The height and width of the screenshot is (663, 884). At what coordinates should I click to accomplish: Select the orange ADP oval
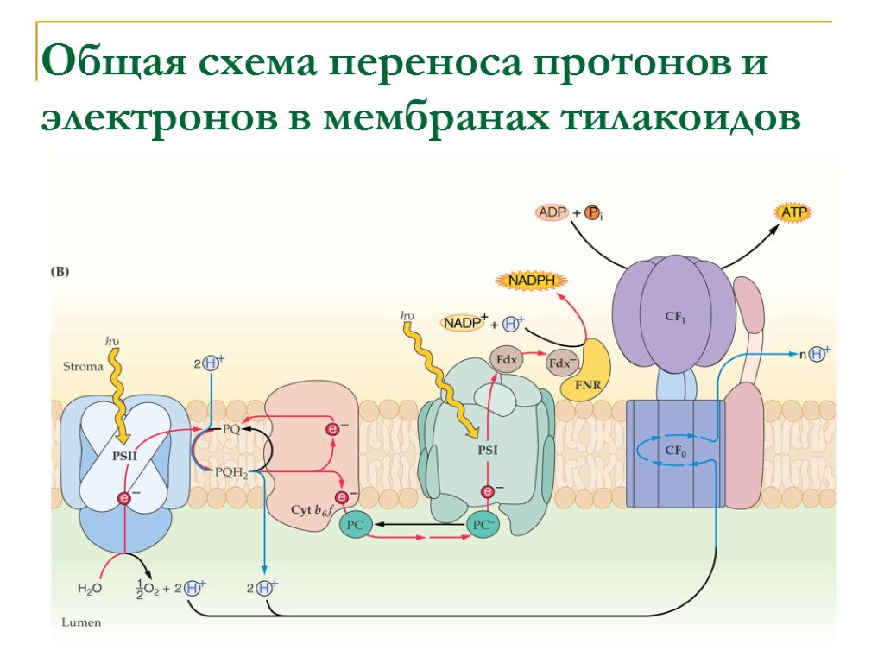point(552,212)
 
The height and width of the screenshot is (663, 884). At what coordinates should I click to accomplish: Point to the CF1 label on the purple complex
point(674,317)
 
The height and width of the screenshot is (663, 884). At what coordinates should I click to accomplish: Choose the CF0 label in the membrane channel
point(674,450)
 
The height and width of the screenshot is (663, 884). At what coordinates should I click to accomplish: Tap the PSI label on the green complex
point(488,450)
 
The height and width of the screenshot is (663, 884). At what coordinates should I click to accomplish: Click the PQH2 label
point(230,471)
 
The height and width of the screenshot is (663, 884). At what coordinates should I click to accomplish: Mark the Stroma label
point(83,366)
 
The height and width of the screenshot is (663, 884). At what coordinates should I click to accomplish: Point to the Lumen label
point(81,622)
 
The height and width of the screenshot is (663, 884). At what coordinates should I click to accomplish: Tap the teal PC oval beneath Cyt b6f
point(355,525)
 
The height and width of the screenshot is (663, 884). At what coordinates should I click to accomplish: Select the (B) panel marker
point(60,271)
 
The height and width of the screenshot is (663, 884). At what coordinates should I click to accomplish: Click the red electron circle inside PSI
point(488,491)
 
